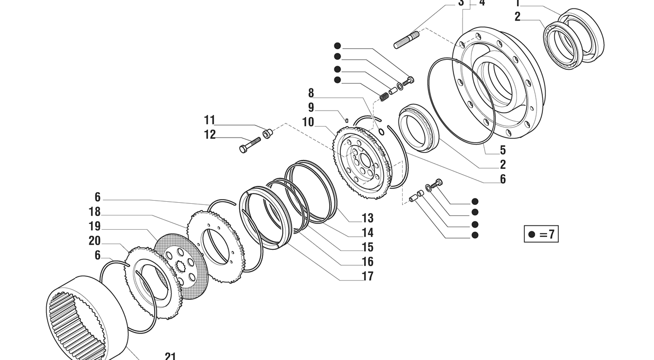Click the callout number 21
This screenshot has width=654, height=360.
pos(170,356)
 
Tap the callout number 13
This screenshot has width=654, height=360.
pos(367,218)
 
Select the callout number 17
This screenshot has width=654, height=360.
pos(367,276)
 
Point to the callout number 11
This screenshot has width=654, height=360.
pos(210,120)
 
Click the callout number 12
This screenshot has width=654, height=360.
pos(210,135)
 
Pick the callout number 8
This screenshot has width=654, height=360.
pos(311,94)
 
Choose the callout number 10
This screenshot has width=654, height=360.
pos(307,122)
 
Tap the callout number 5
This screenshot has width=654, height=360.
pos(502,150)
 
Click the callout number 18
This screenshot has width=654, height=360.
pos(94,212)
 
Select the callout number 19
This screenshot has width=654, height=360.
pos(94,227)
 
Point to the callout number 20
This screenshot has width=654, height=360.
pos(94,241)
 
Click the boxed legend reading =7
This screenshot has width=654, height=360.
pos(541,234)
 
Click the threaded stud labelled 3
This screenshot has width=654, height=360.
pos(406,40)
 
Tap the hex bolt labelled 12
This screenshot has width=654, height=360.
pos(250,145)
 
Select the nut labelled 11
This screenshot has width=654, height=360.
pos(267,133)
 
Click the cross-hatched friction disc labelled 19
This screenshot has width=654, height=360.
pos(180,265)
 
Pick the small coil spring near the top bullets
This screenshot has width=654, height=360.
pos(384,96)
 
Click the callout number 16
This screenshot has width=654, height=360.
pos(367,262)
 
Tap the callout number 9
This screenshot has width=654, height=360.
pos(311,108)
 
